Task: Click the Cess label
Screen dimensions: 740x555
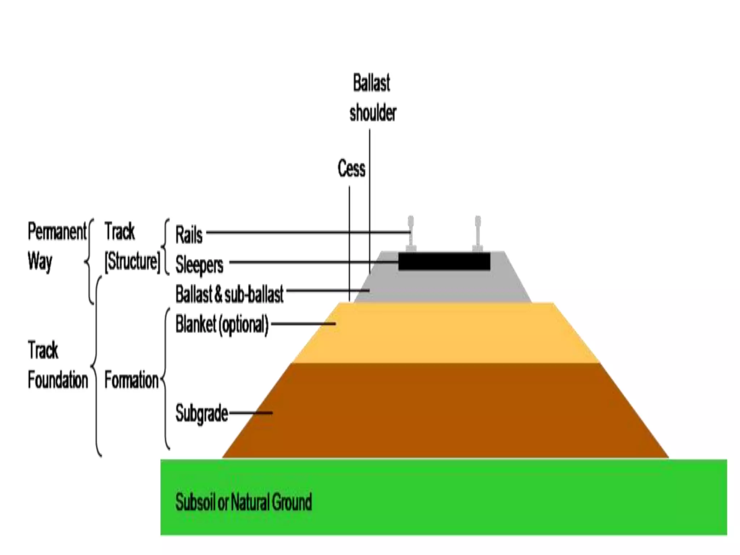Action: tap(351, 169)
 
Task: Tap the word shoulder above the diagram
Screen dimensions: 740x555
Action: tap(373, 113)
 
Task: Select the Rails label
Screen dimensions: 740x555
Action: tap(189, 235)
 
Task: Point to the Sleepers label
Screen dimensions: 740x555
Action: tap(199, 264)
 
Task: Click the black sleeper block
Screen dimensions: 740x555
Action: tap(444, 262)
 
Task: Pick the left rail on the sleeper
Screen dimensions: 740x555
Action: tap(411, 233)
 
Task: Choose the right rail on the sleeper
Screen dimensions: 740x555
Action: tap(478, 233)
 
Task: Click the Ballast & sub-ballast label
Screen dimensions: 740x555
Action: tap(229, 294)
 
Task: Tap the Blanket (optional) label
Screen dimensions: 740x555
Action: tap(222, 324)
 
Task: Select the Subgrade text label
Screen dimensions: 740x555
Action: tap(202, 413)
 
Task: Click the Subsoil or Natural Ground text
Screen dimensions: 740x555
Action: tap(244, 502)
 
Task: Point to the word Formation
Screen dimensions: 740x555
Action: tap(132, 380)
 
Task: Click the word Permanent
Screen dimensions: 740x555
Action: tap(57, 232)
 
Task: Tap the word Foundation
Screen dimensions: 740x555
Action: tap(58, 380)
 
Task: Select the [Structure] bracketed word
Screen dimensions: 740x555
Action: tap(132, 261)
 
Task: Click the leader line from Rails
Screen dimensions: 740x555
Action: tap(307, 232)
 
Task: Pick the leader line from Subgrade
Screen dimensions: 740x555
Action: tap(251, 413)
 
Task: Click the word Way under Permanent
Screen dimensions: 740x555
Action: tap(40, 261)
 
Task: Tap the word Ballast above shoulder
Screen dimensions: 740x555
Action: tap(371, 83)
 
